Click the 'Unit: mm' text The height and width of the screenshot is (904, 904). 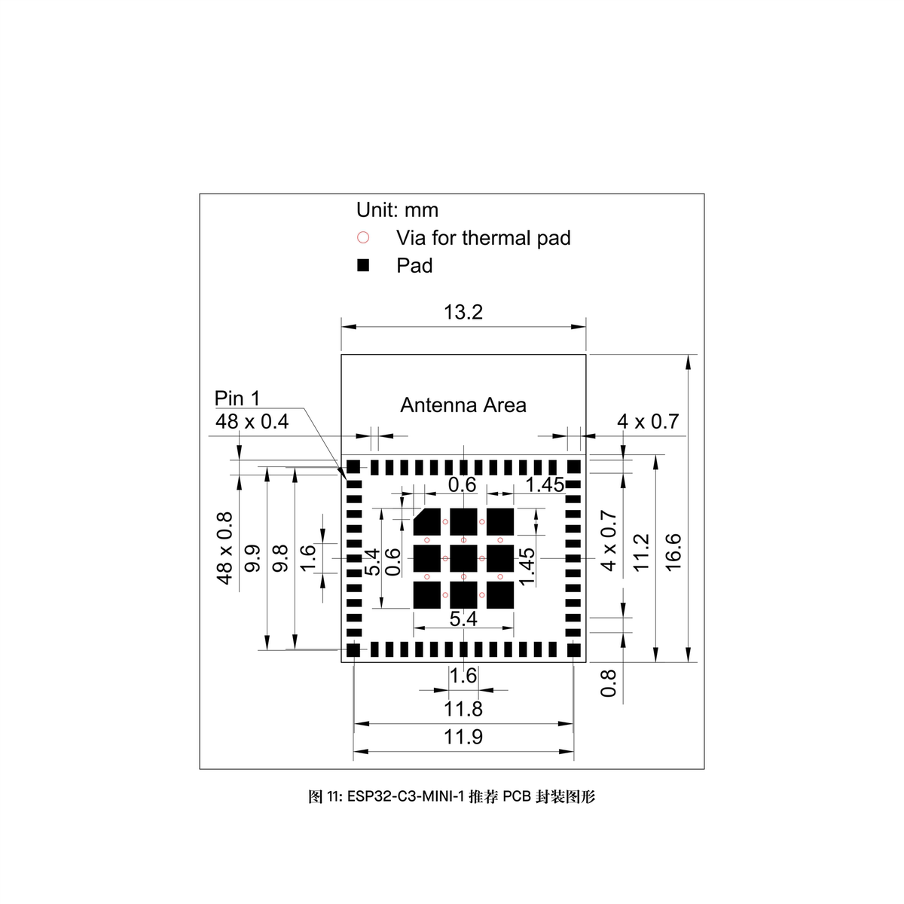tap(397, 210)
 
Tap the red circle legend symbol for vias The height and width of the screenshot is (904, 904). tap(363, 238)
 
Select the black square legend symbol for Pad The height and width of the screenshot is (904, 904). tap(363, 266)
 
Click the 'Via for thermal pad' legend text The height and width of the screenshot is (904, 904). tap(483, 238)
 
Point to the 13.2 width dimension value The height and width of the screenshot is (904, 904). tap(463, 312)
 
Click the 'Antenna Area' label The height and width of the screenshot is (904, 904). tap(463, 405)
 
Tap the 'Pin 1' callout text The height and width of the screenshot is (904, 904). tap(237, 398)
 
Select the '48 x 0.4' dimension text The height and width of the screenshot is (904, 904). tap(252, 421)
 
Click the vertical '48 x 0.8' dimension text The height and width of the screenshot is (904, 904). tap(224, 548)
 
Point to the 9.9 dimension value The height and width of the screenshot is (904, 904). tap(252, 558)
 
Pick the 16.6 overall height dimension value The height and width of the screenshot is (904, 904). tap(673, 551)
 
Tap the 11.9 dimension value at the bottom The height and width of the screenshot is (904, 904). tap(463, 737)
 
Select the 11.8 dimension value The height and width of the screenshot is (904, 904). tap(463, 710)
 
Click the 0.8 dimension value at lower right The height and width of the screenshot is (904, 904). tap(609, 683)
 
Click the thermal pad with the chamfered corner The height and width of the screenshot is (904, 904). tap(427, 521)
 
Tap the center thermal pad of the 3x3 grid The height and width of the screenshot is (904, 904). tap(463, 558)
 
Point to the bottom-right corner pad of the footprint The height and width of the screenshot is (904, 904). tap(574, 649)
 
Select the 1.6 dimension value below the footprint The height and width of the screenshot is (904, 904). tap(463, 676)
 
